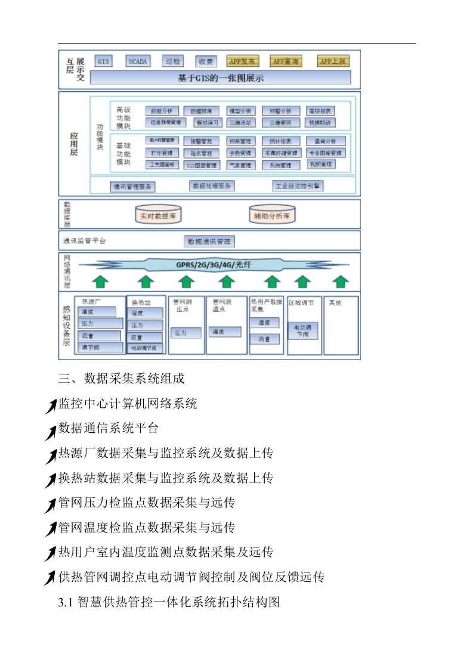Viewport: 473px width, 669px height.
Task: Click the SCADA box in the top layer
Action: pos(138,61)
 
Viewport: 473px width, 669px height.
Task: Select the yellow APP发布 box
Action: pos(242,61)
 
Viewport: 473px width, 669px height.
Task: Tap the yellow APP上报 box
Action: pos(333,61)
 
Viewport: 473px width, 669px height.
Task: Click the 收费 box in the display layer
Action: pos(206,61)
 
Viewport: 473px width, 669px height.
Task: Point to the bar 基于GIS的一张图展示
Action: pos(220,78)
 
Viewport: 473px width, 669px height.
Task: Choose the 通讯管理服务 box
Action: pos(132,186)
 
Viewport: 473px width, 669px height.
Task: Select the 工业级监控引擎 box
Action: pos(298,186)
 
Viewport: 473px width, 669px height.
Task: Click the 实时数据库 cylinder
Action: pos(158,216)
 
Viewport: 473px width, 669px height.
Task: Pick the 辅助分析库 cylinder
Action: pos(272,216)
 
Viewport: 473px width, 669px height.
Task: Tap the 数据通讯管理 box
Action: pos(209,241)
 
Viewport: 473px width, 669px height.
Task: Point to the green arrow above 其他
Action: pos(341,281)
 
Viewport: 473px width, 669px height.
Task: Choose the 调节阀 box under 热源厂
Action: pos(98,347)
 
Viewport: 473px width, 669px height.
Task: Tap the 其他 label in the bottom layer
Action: pos(335,303)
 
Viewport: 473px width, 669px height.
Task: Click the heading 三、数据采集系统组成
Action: pos(122,379)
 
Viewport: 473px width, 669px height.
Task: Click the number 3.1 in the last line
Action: pos(66,602)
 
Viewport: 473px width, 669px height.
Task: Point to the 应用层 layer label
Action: pos(73,144)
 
